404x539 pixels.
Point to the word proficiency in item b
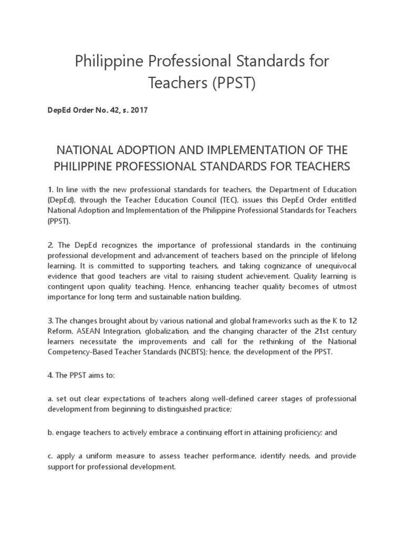click(x=297, y=432)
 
